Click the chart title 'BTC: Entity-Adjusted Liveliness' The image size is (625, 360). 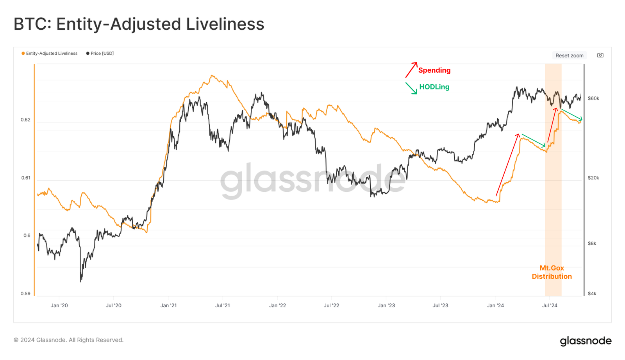[139, 24]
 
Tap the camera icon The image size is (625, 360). [600, 55]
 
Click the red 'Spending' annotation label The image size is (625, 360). [434, 70]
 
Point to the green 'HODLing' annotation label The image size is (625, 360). [434, 87]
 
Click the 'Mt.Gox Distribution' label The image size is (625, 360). [552, 272]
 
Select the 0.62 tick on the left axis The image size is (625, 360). [25, 120]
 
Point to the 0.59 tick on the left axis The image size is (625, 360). [25, 294]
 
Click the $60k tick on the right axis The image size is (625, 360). [593, 98]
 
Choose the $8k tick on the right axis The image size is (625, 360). [592, 244]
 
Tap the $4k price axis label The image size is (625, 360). [592, 294]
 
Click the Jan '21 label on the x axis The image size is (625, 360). [168, 305]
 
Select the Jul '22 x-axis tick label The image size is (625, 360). [331, 305]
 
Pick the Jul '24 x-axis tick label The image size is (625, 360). [550, 305]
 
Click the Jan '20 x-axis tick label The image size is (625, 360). [59, 305]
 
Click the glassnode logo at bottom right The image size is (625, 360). [586, 341]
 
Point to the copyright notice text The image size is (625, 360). [68, 340]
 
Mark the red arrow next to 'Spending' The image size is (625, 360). [411, 70]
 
